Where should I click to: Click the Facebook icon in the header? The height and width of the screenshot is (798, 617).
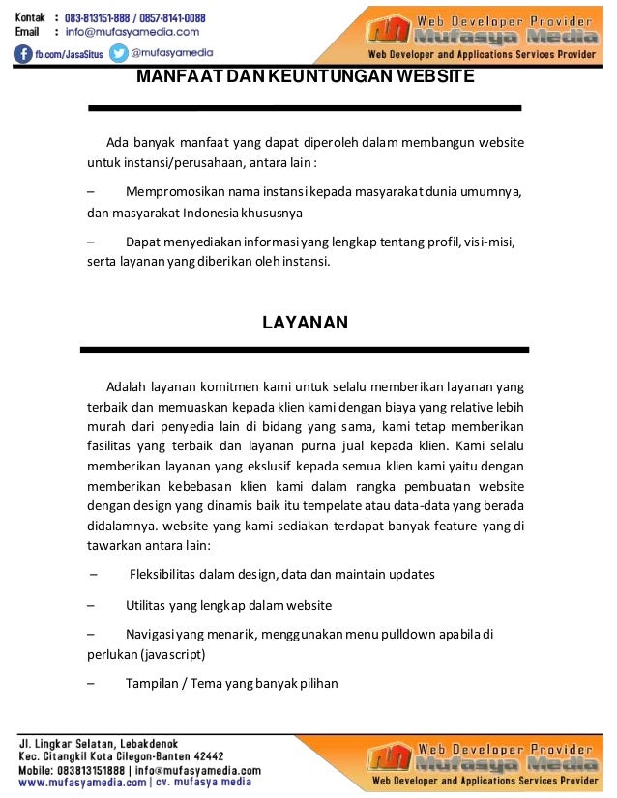click(x=24, y=54)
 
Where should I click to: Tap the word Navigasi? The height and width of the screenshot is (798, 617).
click(x=154, y=634)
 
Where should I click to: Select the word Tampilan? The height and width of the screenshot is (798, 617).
click(x=152, y=683)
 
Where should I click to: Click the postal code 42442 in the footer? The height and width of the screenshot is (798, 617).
click(x=206, y=756)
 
